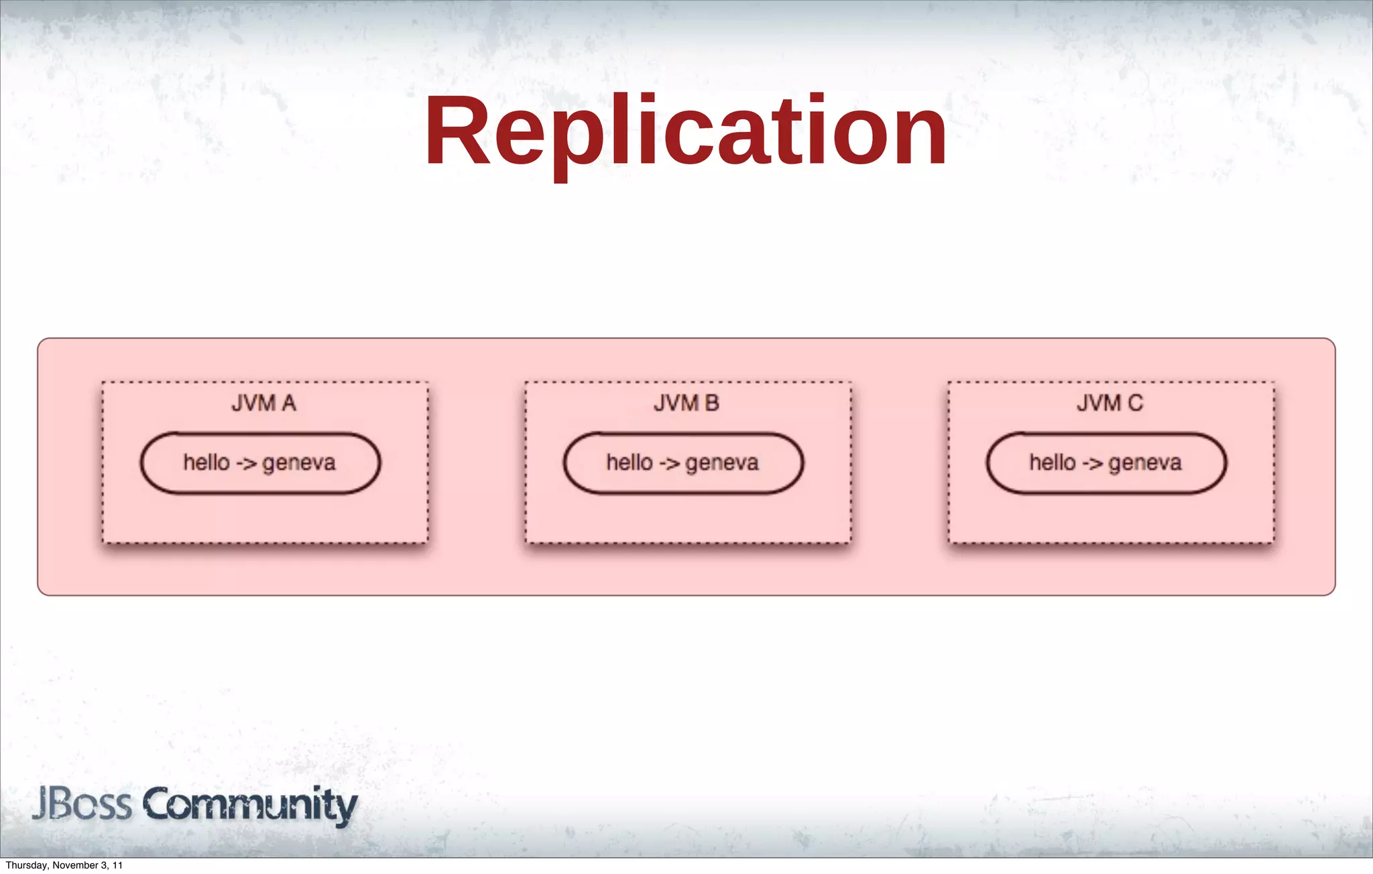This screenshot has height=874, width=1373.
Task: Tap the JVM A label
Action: coord(263,403)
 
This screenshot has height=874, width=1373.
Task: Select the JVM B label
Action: coord(686,403)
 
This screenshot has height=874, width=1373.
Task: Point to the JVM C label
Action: coord(1110,403)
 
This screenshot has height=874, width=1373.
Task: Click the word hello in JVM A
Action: coord(206,462)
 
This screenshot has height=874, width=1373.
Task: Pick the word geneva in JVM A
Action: coord(298,463)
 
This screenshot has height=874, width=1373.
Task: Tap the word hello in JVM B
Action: coord(630,462)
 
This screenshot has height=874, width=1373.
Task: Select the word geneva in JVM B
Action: coord(721,463)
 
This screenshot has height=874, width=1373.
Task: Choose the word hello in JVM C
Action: coord(1053,462)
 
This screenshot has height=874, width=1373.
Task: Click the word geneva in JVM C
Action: coord(1144,463)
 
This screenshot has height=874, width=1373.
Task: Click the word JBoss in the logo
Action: coord(82,804)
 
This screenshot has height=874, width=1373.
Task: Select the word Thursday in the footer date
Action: coord(25,865)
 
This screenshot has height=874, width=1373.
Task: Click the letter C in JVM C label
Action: coord(1135,403)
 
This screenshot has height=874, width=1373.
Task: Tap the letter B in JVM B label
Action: coord(711,403)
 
